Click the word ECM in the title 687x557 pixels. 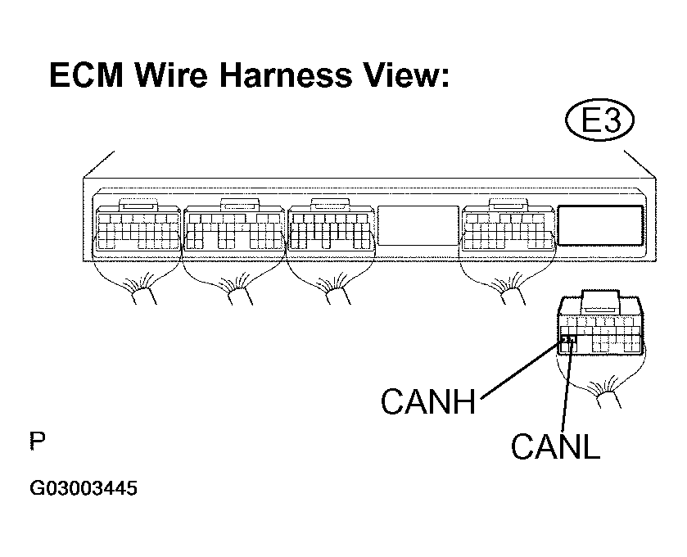(x=86, y=75)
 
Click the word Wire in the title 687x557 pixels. (x=171, y=75)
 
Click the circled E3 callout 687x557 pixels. (x=600, y=120)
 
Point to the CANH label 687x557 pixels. (x=428, y=402)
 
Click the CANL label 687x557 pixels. (x=555, y=446)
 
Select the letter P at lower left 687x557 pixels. (x=38, y=441)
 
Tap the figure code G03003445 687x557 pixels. (x=84, y=488)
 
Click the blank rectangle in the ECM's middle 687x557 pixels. (x=418, y=225)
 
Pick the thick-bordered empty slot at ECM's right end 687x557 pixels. (x=600, y=225)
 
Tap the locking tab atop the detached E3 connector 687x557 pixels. (x=601, y=301)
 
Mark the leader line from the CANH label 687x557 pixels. (x=522, y=368)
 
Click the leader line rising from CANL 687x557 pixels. (x=567, y=386)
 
